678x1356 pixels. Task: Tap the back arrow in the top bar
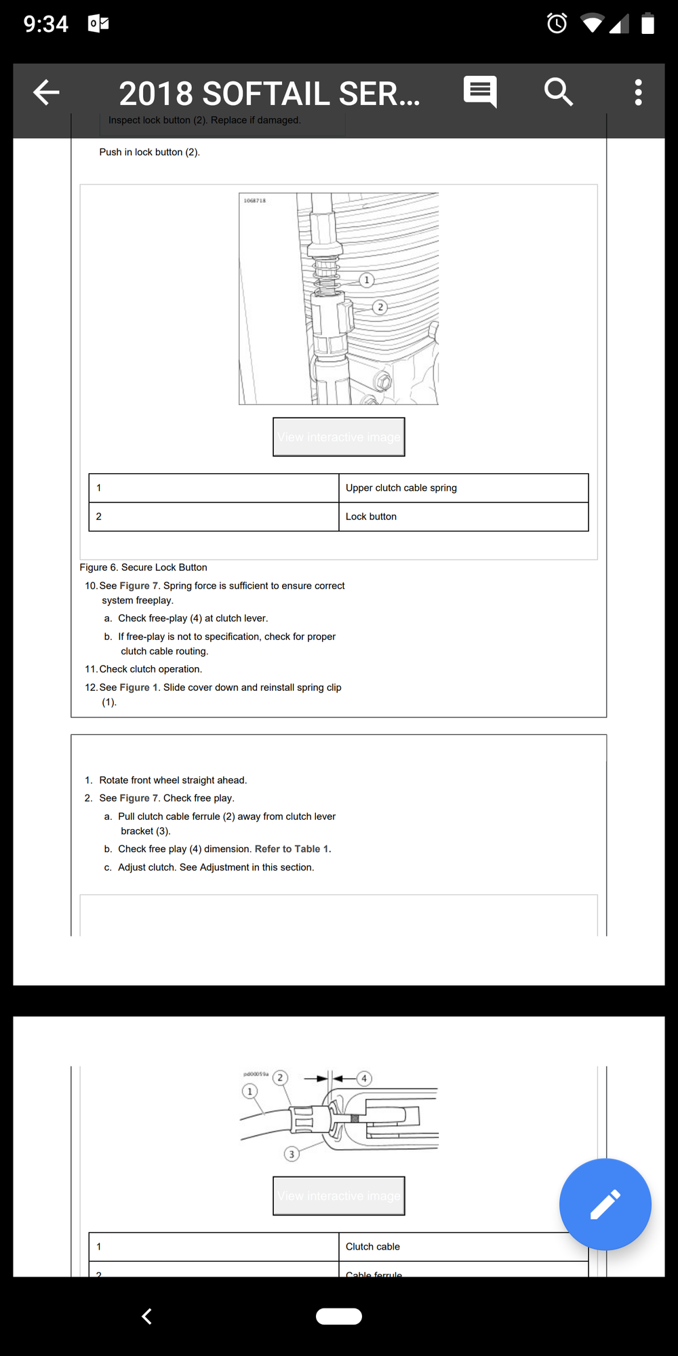pyautogui.click(x=46, y=92)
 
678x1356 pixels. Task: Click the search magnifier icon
pyautogui.click(x=558, y=92)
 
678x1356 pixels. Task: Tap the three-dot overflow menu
pyautogui.click(x=638, y=92)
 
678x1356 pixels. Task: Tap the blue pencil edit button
pyautogui.click(x=605, y=1204)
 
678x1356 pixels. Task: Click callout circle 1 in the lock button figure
pyautogui.click(x=367, y=280)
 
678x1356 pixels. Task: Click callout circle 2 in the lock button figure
pyautogui.click(x=380, y=307)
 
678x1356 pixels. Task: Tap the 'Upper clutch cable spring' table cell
pyautogui.click(x=463, y=488)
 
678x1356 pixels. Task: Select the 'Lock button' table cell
pyautogui.click(x=463, y=517)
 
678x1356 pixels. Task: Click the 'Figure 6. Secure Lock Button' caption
pyautogui.click(x=143, y=567)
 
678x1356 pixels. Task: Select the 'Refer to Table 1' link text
pyautogui.click(x=292, y=849)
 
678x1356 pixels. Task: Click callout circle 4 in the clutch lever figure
pyautogui.click(x=364, y=1078)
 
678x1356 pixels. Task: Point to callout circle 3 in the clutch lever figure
pyautogui.click(x=292, y=1154)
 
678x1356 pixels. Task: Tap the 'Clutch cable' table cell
pyautogui.click(x=463, y=1247)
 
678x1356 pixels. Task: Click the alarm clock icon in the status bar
pyautogui.click(x=557, y=24)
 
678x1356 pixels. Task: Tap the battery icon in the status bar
pyautogui.click(x=647, y=24)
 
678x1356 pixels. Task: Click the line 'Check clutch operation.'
pyautogui.click(x=151, y=669)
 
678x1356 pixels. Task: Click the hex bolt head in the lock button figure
pyautogui.click(x=382, y=381)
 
